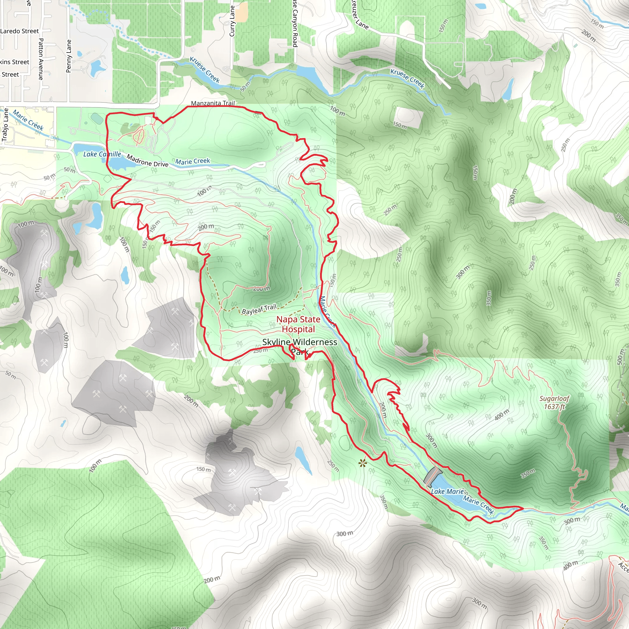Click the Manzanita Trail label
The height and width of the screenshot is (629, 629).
coord(213,103)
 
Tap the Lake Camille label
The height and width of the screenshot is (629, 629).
coord(102,154)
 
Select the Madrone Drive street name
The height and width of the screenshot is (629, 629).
coord(147,161)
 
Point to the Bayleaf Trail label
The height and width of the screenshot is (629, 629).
coord(259,309)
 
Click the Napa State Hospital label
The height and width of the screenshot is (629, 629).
coord(298,324)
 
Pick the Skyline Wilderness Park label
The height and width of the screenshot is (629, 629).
coord(299,346)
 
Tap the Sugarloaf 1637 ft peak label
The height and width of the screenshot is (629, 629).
coord(554,402)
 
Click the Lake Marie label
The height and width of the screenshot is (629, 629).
coord(447,492)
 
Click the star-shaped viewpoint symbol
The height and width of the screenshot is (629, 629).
coord(362,463)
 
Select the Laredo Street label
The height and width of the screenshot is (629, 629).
coord(20,31)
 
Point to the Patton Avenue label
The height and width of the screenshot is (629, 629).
coord(41,59)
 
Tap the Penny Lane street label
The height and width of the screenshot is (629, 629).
coord(69,56)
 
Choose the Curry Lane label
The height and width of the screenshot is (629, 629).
coord(232,21)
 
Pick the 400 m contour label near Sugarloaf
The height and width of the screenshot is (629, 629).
coord(502,415)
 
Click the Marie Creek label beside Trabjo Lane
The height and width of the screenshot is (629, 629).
coord(28,120)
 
